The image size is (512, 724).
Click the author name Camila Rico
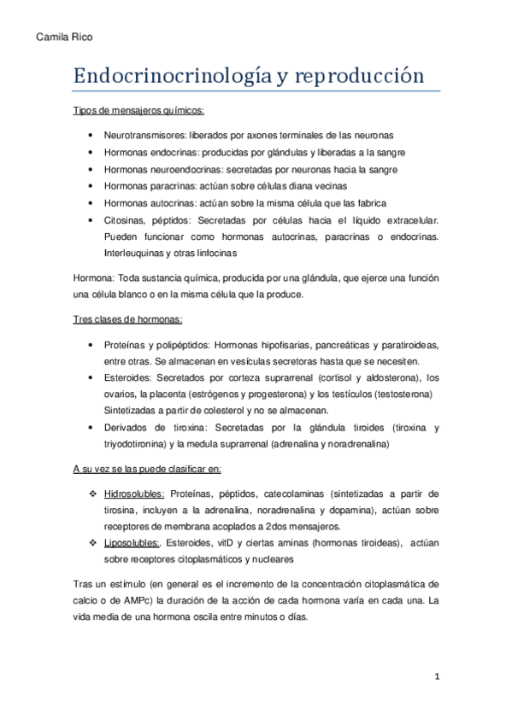pyautogui.click(x=64, y=38)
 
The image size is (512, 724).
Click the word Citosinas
pyautogui.click(x=123, y=219)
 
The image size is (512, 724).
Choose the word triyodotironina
pyautogui.click(x=136, y=444)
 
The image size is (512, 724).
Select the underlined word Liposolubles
pyautogui.click(x=132, y=543)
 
